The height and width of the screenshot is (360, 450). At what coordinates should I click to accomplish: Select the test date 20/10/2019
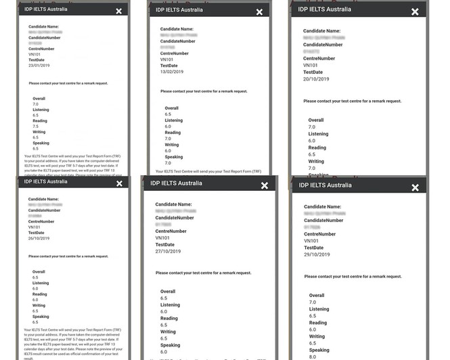(x=316, y=78)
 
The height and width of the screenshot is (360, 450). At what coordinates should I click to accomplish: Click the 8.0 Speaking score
(x=313, y=356)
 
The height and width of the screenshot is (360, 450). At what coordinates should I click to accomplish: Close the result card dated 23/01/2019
(x=119, y=12)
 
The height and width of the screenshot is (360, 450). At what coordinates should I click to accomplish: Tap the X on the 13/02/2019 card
(x=259, y=13)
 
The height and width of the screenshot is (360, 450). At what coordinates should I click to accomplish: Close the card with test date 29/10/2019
(x=415, y=187)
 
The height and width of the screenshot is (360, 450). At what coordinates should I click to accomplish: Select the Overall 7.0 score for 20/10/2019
(x=312, y=127)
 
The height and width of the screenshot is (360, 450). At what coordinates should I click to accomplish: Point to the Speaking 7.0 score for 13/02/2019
(x=168, y=163)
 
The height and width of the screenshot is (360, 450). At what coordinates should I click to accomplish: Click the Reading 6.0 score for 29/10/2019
(x=313, y=330)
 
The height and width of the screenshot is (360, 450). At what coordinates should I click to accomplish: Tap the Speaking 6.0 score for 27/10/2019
(x=164, y=351)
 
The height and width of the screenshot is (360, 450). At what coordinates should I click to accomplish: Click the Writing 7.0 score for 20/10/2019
(x=312, y=168)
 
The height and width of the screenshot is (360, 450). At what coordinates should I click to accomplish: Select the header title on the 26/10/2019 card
(x=45, y=181)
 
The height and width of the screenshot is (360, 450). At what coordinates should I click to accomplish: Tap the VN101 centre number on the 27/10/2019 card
(x=162, y=238)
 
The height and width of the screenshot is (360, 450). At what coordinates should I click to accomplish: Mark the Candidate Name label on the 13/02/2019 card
(x=177, y=30)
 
